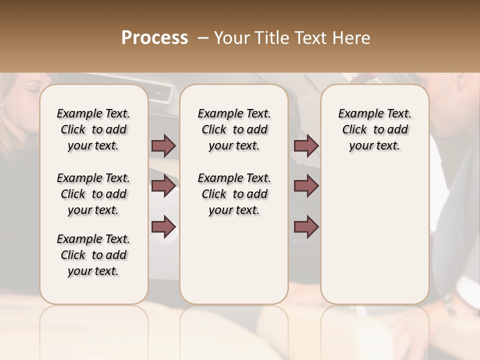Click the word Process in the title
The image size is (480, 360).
154,38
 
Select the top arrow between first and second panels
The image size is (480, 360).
163,145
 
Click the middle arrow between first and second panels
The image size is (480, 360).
163,186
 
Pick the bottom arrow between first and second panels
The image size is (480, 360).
163,226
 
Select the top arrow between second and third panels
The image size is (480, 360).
306,145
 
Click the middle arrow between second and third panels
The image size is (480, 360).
306,186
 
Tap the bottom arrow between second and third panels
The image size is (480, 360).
306,226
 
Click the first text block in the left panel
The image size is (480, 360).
93,129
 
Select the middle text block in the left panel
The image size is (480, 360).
93,194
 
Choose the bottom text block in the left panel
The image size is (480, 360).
93,255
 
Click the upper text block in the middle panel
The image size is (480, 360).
234,129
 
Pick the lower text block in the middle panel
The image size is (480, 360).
234,194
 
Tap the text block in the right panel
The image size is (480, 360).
374,129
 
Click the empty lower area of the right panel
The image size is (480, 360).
374,235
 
